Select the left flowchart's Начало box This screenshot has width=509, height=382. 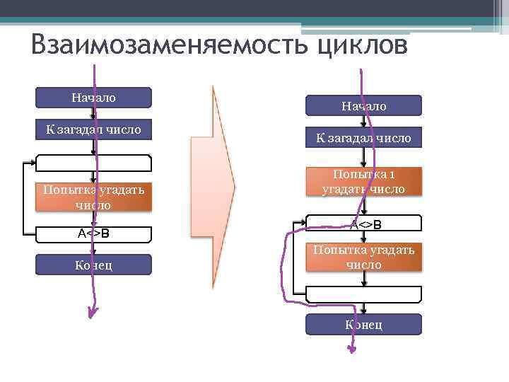(94, 98)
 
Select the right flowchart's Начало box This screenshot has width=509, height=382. (363, 105)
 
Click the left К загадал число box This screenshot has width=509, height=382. (94, 129)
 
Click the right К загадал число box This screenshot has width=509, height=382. (363, 137)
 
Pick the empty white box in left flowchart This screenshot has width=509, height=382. (94, 163)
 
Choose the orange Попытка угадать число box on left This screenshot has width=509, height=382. (94, 197)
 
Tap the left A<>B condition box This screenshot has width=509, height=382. (94, 233)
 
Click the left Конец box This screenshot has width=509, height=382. (94, 265)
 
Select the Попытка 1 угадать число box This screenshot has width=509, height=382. (363, 182)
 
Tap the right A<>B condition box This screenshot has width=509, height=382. (363, 224)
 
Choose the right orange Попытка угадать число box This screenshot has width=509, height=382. (363, 257)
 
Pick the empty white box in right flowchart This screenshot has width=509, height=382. (363, 294)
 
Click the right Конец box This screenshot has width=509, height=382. (363, 324)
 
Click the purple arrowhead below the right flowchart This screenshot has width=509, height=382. (352, 347)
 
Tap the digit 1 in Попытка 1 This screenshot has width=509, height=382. (391, 175)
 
